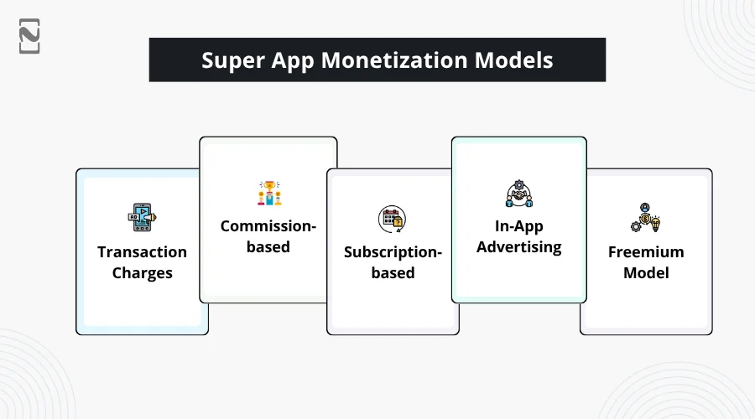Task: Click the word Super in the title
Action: [233, 60]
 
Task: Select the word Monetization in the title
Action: [394, 60]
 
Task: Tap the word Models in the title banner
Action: [513, 60]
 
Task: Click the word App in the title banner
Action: [293, 61]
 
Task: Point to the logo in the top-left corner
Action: [29, 36]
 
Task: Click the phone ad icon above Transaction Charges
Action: [142, 217]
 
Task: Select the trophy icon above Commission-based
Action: [268, 193]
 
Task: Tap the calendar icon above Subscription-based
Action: [392, 219]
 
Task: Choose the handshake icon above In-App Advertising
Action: [519, 194]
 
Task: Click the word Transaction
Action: [142, 251]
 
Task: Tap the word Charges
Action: [142, 273]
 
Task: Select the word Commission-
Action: [268, 225]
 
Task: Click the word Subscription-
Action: [393, 252]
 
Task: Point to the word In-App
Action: [519, 226]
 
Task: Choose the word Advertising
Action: [519, 247]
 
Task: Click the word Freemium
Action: [646, 251]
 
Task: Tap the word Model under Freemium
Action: [646, 272]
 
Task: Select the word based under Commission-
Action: [268, 246]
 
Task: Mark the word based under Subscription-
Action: [393, 272]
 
